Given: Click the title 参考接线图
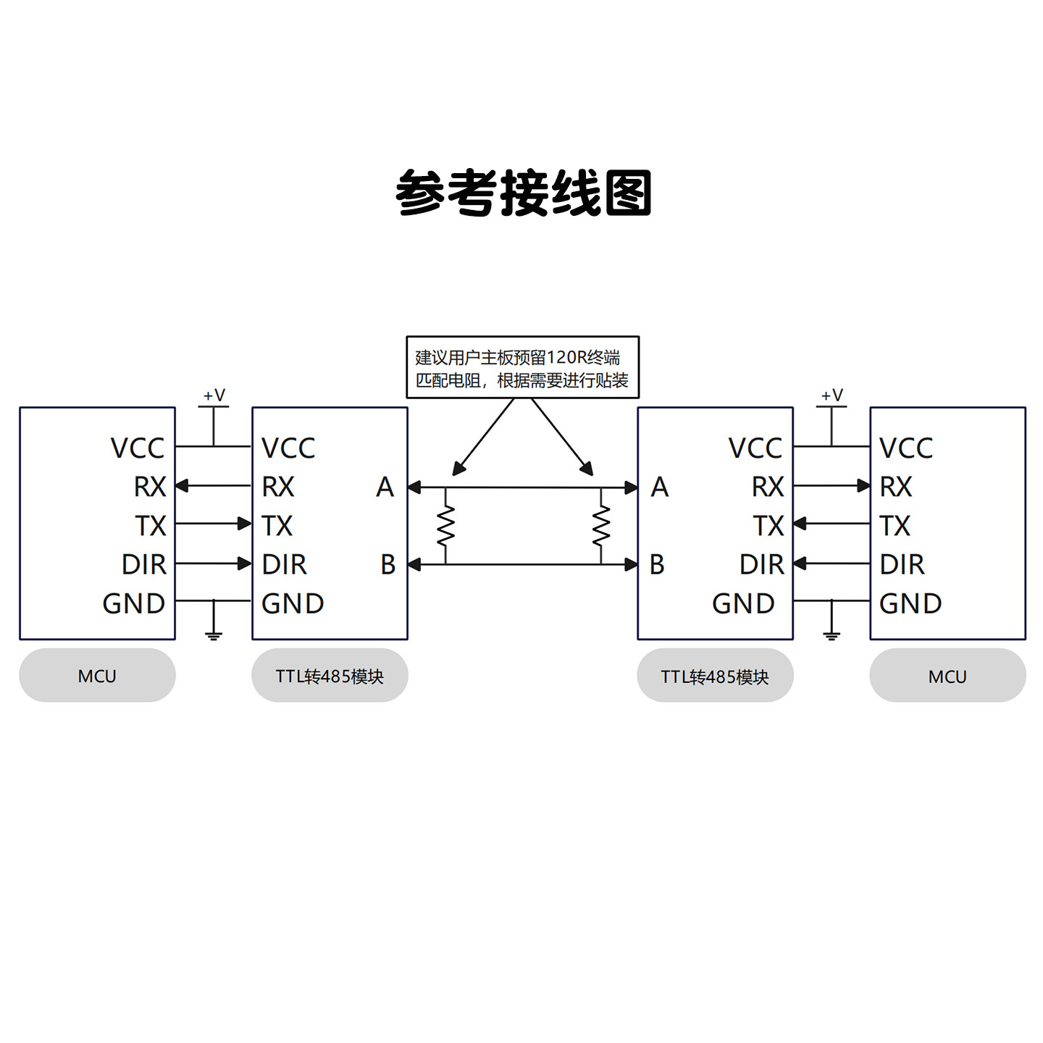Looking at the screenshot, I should coord(523,193).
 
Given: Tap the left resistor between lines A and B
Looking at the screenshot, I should coord(445,526).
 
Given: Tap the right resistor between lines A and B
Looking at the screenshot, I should coord(601,526).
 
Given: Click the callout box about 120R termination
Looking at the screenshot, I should coord(522,367).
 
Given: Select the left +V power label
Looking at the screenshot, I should coord(214,395).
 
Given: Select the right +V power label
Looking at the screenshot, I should coord(832,395).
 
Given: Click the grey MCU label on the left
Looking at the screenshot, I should coord(97,676).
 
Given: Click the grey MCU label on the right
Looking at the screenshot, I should coord(947,676).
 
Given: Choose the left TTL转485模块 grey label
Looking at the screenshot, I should coord(330,676).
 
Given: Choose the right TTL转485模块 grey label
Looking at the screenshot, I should coord(715,676).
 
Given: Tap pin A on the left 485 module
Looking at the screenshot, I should coord(385,487).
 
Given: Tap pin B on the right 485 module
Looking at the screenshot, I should coord(657,564).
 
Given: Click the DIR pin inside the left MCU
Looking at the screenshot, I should coord(143,564).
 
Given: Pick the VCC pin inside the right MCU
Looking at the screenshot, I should coord(905,448).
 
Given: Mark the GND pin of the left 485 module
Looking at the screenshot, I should coord(292,603).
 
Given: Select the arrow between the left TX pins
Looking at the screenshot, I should coord(214,523).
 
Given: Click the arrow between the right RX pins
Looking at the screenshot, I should coord(832,485).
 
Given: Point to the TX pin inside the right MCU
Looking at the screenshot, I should coord(895,526).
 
